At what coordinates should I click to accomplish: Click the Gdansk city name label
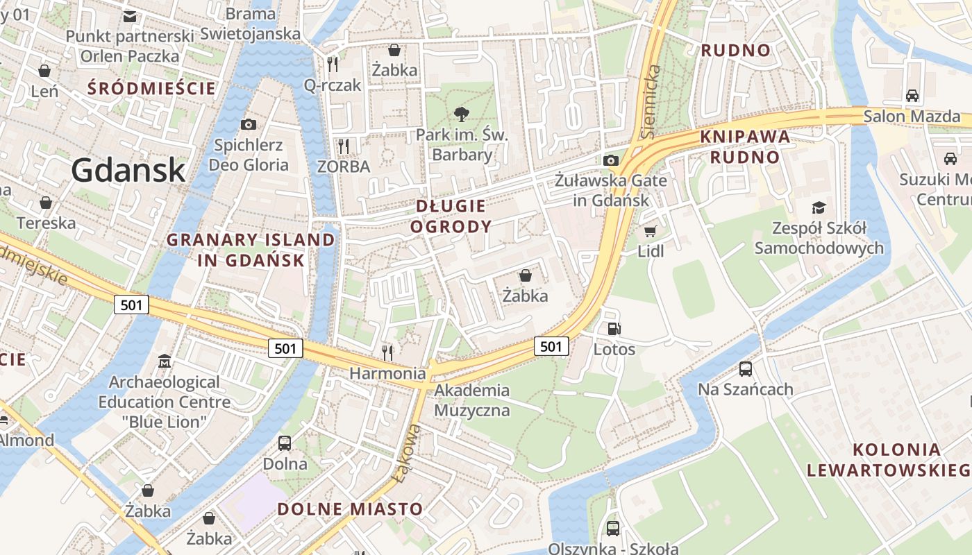128,170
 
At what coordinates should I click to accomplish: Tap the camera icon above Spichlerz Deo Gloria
248,124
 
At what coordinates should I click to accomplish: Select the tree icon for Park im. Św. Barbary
460,114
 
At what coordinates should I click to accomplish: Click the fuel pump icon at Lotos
614,329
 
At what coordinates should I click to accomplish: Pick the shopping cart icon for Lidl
650,231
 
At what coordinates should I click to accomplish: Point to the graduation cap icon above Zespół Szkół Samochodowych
819,207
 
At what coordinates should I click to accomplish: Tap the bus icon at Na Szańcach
746,369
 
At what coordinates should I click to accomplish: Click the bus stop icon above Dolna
285,443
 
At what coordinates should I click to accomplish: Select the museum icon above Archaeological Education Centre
165,361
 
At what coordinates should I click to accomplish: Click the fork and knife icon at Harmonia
387,352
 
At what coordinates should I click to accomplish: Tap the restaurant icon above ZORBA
343,146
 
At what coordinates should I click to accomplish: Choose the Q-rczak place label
333,85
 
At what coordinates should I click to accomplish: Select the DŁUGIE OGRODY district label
451,216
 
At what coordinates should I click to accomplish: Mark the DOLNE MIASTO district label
350,509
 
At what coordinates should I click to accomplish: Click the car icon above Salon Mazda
912,96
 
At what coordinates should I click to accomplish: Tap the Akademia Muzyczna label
472,400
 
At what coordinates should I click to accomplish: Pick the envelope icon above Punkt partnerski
130,16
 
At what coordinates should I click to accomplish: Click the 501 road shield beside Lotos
551,346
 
